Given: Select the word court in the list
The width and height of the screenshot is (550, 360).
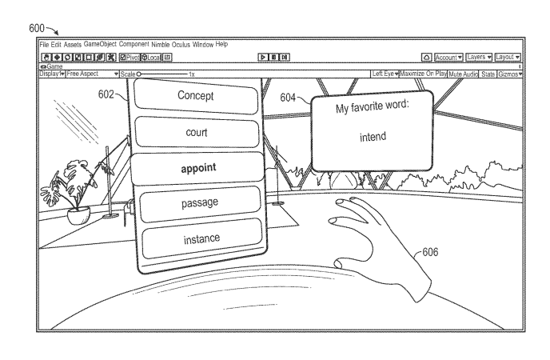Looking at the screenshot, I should [x=197, y=132].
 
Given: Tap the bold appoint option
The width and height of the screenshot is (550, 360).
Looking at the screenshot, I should [x=199, y=167].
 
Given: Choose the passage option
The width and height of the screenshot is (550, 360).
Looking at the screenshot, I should [x=199, y=202].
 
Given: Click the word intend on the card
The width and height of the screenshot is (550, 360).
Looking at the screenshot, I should [x=371, y=137].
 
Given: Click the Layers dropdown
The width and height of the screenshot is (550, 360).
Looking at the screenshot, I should [x=480, y=58].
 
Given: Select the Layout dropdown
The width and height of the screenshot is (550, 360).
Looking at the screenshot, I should [x=508, y=58].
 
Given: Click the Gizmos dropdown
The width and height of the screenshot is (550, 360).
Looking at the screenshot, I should [x=510, y=74].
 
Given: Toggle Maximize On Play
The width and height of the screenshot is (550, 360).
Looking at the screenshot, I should [x=423, y=74].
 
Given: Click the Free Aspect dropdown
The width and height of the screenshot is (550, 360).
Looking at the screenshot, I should [x=92, y=74].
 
